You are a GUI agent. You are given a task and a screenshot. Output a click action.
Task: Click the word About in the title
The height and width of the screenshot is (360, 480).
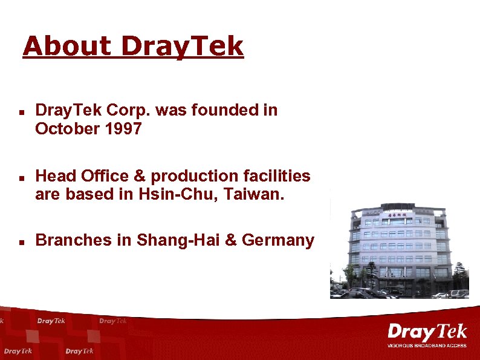tap(67, 46)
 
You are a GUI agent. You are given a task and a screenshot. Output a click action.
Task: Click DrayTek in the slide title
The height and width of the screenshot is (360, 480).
tap(182, 46)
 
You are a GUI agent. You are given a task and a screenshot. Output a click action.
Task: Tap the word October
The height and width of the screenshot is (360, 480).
tap(63, 128)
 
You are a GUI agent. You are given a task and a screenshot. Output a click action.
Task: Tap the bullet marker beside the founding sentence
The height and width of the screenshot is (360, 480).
tap(21, 113)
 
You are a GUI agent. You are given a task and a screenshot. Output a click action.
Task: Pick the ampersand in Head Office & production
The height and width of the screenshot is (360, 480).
tap(139, 176)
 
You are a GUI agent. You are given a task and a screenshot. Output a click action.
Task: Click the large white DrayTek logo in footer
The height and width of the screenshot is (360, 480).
tap(427, 333)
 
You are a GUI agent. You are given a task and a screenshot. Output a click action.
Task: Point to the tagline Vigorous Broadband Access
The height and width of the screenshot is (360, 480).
tap(427, 345)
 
